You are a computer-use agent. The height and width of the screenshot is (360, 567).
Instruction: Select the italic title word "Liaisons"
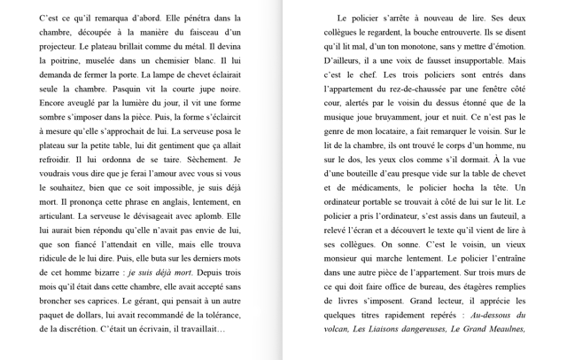(x=388, y=329)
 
